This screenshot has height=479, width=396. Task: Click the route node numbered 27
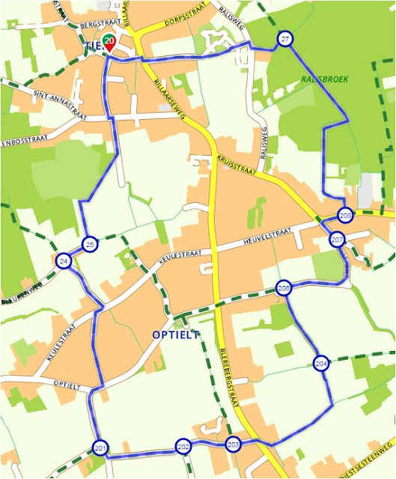point(285,39)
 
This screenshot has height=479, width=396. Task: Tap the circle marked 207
point(337,239)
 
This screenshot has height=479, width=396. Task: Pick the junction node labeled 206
point(284,288)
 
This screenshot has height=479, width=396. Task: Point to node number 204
point(321,364)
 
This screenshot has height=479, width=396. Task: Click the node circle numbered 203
point(233,444)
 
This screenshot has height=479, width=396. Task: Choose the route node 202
point(183,447)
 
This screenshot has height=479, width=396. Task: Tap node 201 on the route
point(100,448)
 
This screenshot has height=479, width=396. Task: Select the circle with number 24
point(64,260)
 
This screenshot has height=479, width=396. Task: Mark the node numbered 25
point(90,245)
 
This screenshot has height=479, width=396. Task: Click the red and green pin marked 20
point(110,43)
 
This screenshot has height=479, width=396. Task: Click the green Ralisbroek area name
point(323,78)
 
